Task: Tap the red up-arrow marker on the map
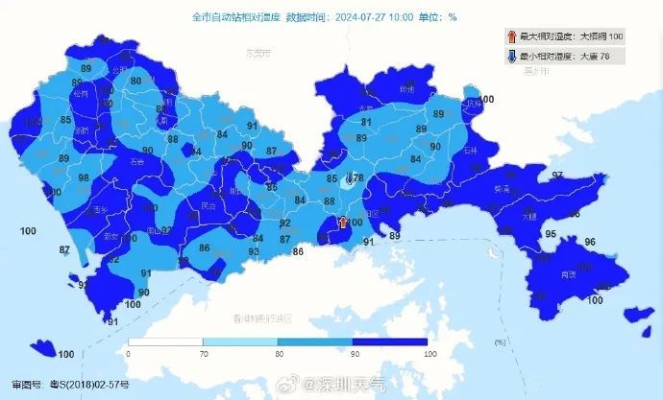click(x=341, y=224)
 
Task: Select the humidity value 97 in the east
click(x=557, y=176)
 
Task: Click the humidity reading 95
click(x=551, y=234)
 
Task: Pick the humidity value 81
click(x=366, y=123)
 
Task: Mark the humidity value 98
click(x=84, y=178)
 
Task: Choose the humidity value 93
click(x=254, y=252)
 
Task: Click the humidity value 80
click(x=136, y=82)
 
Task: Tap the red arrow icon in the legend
click(x=511, y=36)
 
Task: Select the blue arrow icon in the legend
click(x=511, y=57)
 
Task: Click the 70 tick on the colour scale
click(x=204, y=354)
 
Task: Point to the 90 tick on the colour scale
click(x=353, y=354)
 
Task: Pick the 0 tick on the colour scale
click(x=129, y=354)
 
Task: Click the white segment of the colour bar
click(x=165, y=341)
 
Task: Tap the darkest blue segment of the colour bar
click(x=390, y=341)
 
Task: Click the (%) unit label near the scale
click(x=499, y=342)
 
